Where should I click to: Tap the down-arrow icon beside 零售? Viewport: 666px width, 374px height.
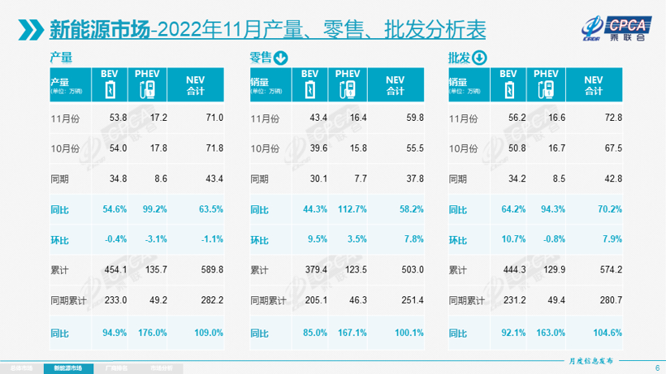click(x=281, y=58)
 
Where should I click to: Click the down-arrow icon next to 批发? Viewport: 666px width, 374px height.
click(x=479, y=58)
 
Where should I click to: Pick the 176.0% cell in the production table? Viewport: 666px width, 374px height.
click(x=154, y=332)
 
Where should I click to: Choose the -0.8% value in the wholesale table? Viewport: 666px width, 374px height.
click(x=551, y=239)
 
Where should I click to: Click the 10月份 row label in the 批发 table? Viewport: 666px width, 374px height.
click(x=465, y=148)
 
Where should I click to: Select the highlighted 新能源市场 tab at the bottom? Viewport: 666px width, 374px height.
click(x=68, y=368)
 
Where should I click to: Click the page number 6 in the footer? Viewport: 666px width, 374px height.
click(x=656, y=368)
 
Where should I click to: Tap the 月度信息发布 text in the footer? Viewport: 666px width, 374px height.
click(x=588, y=358)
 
